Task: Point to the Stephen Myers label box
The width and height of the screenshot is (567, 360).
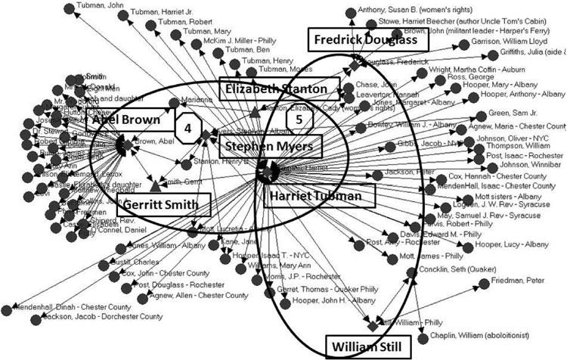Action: pos(271,145)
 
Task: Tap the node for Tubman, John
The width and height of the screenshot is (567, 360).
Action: pos(70,8)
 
